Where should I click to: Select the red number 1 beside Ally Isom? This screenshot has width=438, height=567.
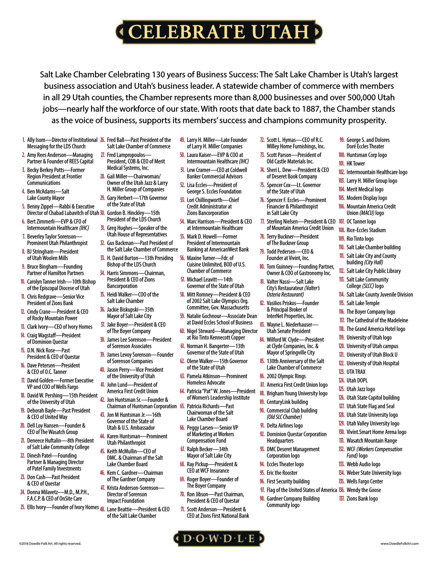pos(24,140)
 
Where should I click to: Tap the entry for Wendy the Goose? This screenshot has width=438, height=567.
pos(364,490)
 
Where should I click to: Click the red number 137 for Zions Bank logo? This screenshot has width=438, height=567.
pos(342,499)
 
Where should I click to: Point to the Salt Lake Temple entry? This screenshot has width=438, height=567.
pos(363,303)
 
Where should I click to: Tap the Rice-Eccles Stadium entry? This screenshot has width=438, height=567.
pos(366,230)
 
